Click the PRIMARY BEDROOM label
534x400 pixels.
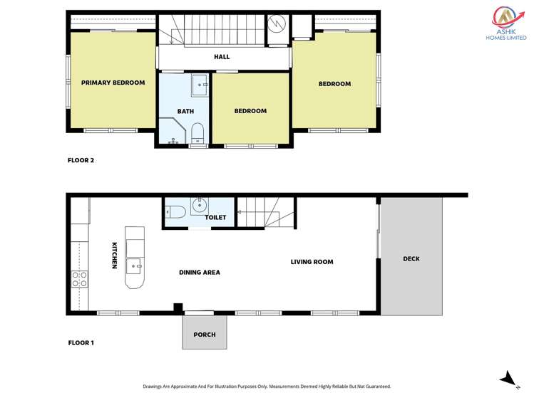coord(113,83)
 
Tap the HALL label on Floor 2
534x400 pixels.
coord(222,57)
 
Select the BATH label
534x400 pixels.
coord(185,111)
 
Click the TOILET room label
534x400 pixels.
coord(215,217)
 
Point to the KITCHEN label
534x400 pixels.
coord(114,256)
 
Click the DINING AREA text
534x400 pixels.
coord(199,272)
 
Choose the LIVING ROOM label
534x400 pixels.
coord(312,262)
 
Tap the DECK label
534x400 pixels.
coord(411,258)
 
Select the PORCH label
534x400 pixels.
coord(204,335)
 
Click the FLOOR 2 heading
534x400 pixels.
coord(81,160)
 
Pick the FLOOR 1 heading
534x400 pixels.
coord(81,343)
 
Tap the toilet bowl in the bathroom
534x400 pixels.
coord(197,131)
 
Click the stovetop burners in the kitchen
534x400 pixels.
coord(78,278)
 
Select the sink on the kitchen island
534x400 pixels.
coord(134,266)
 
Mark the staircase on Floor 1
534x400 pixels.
coord(265,211)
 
